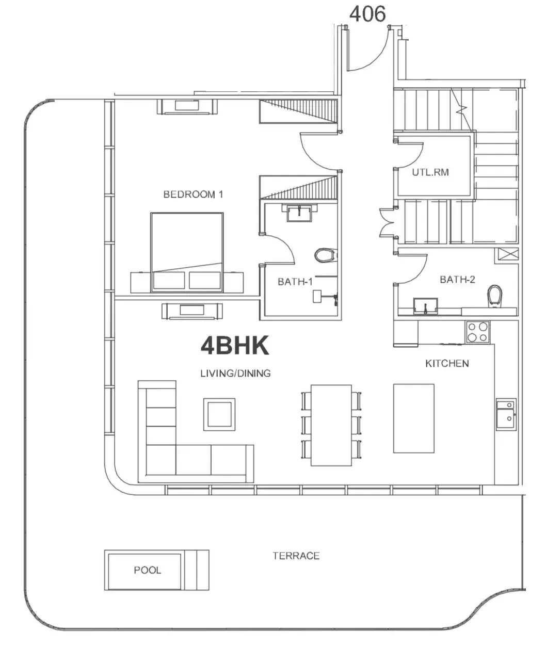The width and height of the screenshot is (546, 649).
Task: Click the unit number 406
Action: (367, 14)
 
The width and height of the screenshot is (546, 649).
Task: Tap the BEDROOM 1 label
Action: (193, 194)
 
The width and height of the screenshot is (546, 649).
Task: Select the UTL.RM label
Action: (430, 172)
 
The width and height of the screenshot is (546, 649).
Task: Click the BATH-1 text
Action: (295, 282)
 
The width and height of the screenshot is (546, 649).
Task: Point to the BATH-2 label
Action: (457, 280)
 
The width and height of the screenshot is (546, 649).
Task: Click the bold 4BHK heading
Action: (235, 346)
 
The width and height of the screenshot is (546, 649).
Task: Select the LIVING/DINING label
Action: (235, 373)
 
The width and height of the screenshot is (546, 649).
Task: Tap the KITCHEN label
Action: (447, 363)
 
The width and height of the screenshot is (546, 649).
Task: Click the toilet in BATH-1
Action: (326, 255)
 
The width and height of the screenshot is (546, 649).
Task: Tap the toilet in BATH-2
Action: (495, 296)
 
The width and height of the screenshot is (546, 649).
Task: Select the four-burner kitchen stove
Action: (477, 332)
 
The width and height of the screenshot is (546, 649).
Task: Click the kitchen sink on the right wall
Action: (506, 414)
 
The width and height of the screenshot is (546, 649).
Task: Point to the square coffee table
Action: (219, 414)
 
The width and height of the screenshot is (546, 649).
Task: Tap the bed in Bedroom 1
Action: (187, 252)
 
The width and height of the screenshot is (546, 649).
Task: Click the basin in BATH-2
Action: (425, 306)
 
